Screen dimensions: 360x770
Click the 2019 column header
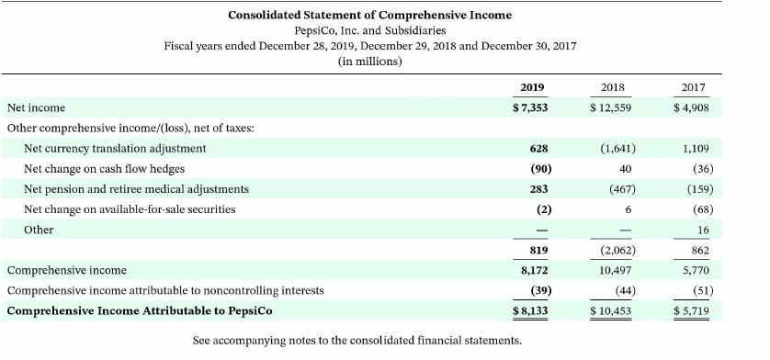pyautogui.click(x=532, y=87)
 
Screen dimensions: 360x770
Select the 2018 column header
pyautogui.click(x=613, y=87)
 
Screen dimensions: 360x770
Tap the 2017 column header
pyautogui.click(x=694, y=87)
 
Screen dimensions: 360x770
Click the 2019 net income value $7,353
pyautogui.click(x=529, y=108)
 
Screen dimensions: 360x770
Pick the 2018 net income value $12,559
pyautogui.click(x=611, y=108)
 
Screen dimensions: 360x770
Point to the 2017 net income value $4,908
pyautogui.click(x=692, y=108)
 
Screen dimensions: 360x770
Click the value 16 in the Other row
pyautogui.click(x=703, y=230)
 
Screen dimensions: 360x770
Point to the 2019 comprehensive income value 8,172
pyautogui.click(x=534, y=270)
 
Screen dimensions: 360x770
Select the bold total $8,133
pyautogui.click(x=530, y=310)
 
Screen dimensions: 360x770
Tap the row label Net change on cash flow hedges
pyautogui.click(x=104, y=168)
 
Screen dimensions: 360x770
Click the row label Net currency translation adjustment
pyautogui.click(x=115, y=148)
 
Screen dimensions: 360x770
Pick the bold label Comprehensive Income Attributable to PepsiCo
pyautogui.click(x=139, y=310)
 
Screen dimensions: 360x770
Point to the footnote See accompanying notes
pyautogui.click(x=357, y=341)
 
